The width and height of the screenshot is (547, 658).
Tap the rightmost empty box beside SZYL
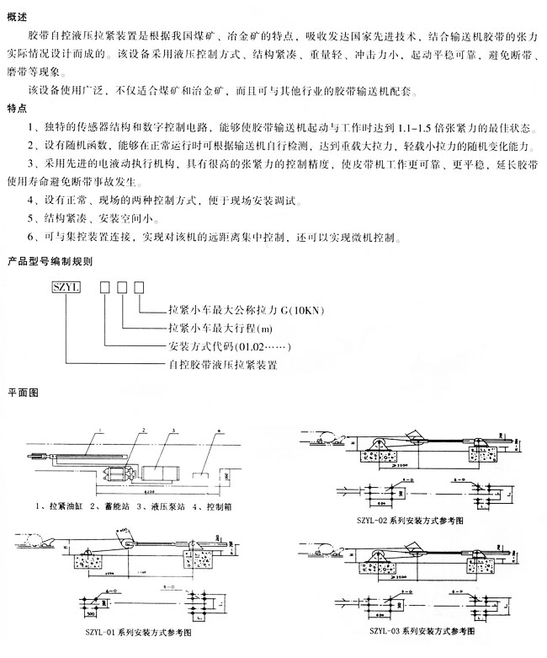click(140, 288)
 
